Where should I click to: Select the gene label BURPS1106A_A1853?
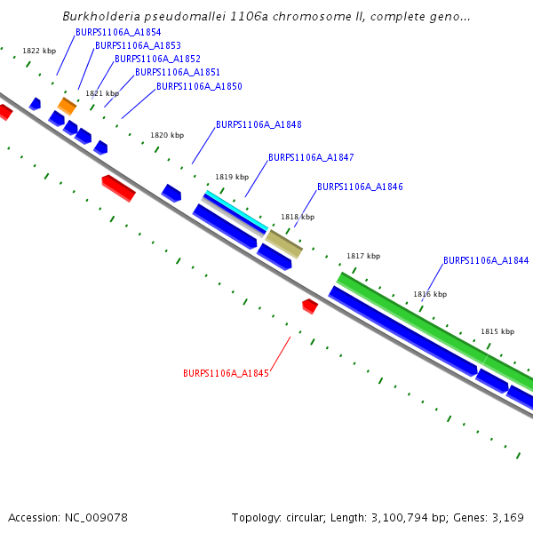pos(138,45)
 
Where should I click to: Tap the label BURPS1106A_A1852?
pos(157,59)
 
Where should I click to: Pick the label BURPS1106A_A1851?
pos(178,72)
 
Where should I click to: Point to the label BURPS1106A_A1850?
pos(199,86)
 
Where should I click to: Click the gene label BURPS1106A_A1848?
pos(259,124)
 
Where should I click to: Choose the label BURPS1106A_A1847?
pos(311,157)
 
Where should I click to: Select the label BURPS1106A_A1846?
pos(360,187)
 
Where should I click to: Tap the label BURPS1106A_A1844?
pos(486,260)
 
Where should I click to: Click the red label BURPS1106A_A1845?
pos(226,373)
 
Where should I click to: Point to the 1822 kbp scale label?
pos(39,51)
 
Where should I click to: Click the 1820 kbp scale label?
pos(167,135)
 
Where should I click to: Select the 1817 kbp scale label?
pos(363,256)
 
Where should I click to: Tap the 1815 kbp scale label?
pos(497,331)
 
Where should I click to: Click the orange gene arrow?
pos(67,106)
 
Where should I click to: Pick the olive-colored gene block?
pos(284,243)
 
